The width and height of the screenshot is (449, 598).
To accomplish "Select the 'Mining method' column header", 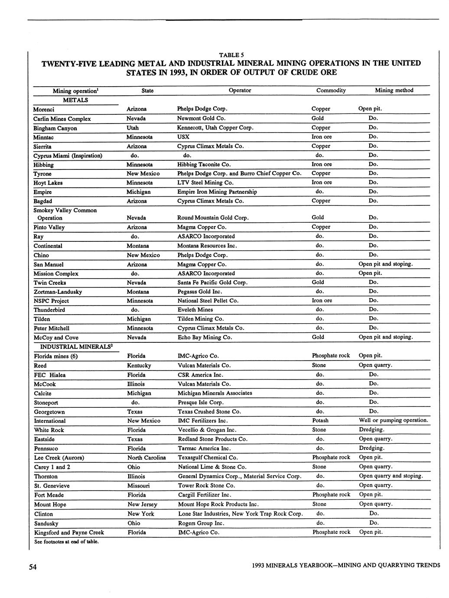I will (394, 90).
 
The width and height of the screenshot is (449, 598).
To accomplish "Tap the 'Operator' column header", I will (240, 90).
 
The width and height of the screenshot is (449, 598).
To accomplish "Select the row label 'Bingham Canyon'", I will (55, 128).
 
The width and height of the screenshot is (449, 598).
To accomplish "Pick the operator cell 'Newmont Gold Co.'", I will (202, 118).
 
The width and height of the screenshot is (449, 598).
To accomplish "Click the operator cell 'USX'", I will (183, 137).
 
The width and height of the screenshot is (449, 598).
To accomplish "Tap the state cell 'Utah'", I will (133, 128).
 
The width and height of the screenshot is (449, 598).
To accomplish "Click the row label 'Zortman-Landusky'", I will (58, 292).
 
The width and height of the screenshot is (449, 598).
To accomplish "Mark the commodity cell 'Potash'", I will (320, 420).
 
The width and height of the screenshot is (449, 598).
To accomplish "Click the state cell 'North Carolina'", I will (146, 458).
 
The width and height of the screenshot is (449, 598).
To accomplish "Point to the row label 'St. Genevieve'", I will (52, 486).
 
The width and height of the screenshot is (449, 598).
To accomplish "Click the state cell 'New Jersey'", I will (142, 504).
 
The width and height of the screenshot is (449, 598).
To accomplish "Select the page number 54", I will (33, 566).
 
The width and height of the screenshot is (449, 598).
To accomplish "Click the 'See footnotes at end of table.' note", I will (66, 542).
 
